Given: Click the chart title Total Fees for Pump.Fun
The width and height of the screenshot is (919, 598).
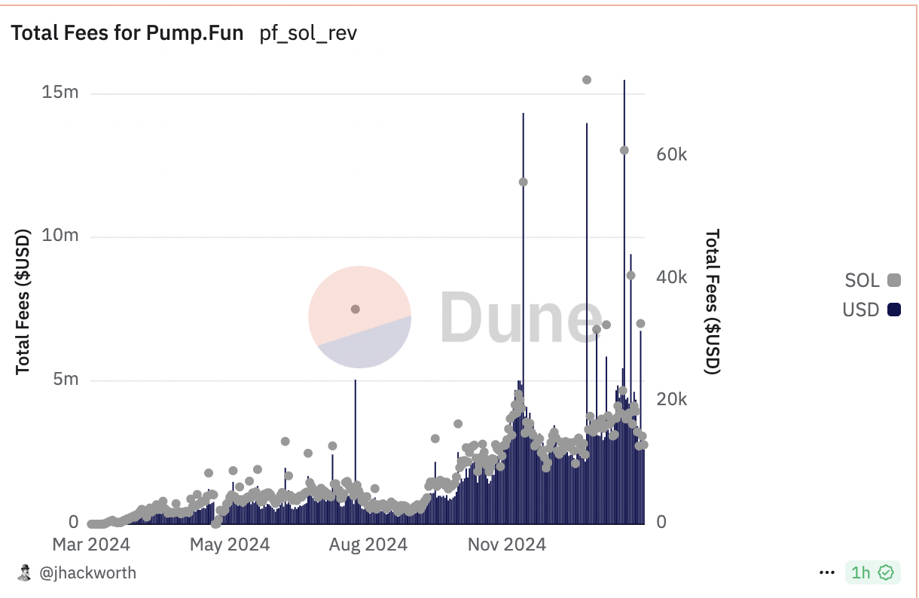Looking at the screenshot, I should [127, 34].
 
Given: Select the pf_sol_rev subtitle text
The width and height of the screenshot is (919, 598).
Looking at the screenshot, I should [308, 34].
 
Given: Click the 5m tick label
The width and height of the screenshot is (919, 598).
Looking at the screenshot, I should [66, 379].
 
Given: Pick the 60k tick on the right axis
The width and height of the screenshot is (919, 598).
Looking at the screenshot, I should [671, 154].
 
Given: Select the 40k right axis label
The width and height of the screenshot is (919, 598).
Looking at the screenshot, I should [671, 277].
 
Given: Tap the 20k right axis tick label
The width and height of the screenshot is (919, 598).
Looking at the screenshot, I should [671, 399].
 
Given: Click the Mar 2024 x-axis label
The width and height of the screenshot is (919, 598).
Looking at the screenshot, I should [90, 544].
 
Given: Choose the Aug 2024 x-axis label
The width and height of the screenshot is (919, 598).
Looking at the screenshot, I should [368, 544].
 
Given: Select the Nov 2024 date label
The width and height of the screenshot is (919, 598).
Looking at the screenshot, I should [506, 544].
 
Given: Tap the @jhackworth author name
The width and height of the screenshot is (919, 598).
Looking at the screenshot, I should [87, 573].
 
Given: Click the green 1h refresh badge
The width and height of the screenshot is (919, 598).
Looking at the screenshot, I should [872, 573].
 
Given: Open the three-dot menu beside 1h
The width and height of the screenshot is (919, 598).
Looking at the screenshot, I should [827, 573].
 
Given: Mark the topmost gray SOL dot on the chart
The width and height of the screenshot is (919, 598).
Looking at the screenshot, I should [587, 80].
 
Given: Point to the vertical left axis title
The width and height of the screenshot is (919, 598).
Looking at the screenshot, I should [23, 301].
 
